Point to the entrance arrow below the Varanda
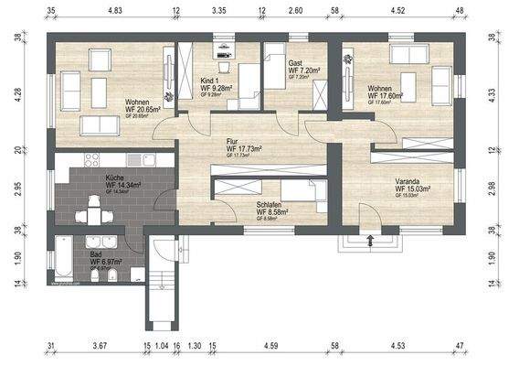click(x=370, y=242)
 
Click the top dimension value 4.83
click(x=115, y=10)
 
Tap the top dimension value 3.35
click(x=218, y=10)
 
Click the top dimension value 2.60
click(x=295, y=10)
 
